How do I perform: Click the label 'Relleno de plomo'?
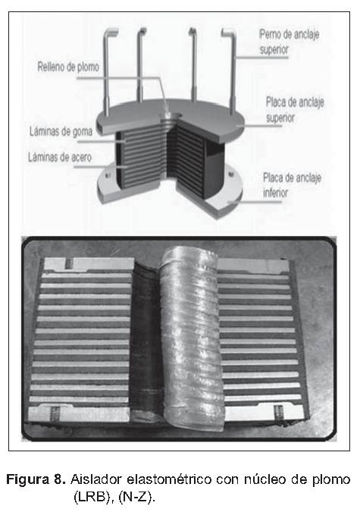pyautogui.click(x=68, y=67)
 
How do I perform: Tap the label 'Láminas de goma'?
pyautogui.click(x=61, y=131)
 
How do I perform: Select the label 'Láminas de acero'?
pyautogui.click(x=60, y=157)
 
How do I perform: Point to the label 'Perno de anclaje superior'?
pyautogui.click(x=290, y=42)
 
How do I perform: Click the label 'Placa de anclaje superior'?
pyautogui.click(x=295, y=110)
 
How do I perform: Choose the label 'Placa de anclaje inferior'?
pyautogui.click(x=292, y=185)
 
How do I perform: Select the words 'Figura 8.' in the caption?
pyautogui.click(x=36, y=479)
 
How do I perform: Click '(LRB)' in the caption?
pyautogui.click(x=95, y=498)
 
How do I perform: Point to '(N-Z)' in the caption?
pyautogui.click(x=136, y=498)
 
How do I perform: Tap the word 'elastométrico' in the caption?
pyautogui.click(x=170, y=479)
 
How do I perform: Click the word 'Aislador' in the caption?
pyautogui.click(x=96, y=479)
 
